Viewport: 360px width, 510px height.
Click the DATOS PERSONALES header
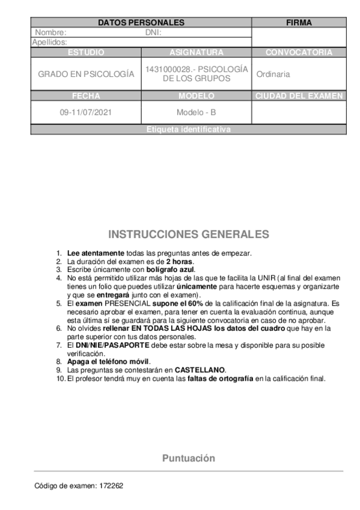pyautogui.click(x=141, y=23)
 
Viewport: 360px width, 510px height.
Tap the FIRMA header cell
pyautogui.click(x=299, y=23)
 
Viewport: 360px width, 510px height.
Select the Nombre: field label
pyautogui.click(x=51, y=32)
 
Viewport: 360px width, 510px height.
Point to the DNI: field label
pyautogui.click(x=154, y=32)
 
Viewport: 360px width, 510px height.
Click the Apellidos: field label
pyautogui.click(x=49, y=42)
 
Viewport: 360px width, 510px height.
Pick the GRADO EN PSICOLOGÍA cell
pyautogui.click(x=86, y=74)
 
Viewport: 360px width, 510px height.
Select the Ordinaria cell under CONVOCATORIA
pyautogui.click(x=273, y=74)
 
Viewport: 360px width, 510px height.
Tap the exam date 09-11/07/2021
pyautogui.click(x=86, y=112)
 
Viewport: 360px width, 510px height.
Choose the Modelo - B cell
pyautogui.click(x=196, y=112)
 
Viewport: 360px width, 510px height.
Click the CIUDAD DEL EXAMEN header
pyautogui.click(x=299, y=96)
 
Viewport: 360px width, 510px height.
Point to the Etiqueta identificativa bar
pyautogui.click(x=188, y=129)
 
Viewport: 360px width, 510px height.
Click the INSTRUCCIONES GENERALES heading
pyautogui.click(x=189, y=234)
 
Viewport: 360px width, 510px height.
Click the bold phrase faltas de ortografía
pyautogui.click(x=221, y=378)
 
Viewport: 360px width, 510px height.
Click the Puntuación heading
pyautogui.click(x=188, y=458)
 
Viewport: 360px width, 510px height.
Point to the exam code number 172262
pyautogui.click(x=112, y=485)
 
